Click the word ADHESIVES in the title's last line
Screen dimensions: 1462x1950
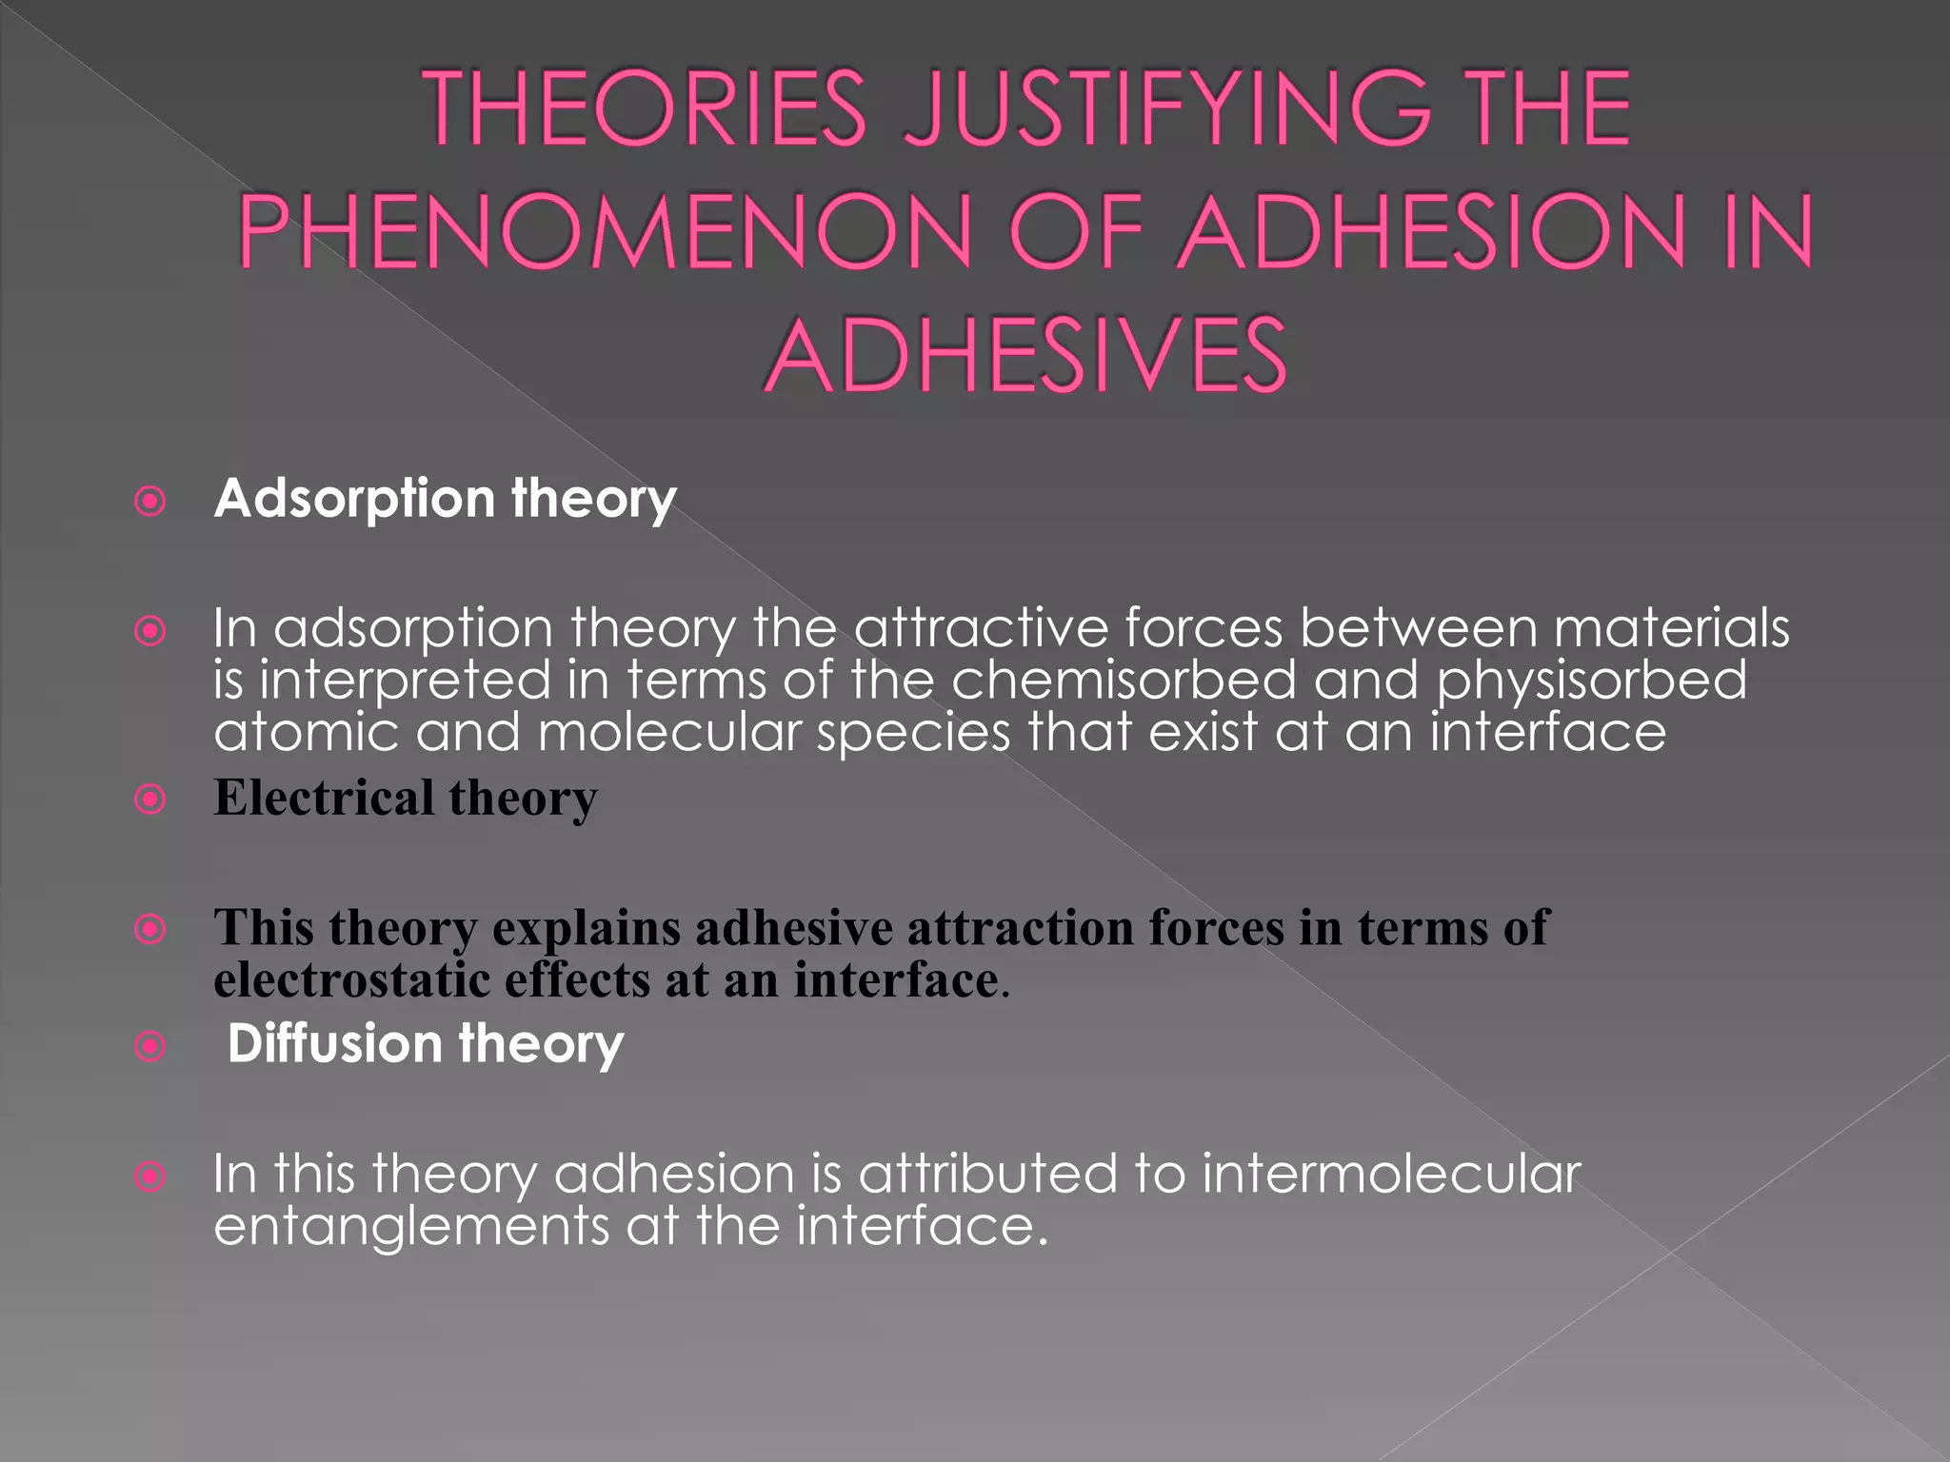pos(1025,355)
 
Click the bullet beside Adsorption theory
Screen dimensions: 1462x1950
pos(150,501)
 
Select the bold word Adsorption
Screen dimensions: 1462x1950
pos(354,499)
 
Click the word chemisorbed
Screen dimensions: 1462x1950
pos(1124,680)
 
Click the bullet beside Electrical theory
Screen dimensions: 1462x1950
pos(150,799)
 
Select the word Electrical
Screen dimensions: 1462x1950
pos(324,797)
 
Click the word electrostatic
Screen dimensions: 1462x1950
pos(351,979)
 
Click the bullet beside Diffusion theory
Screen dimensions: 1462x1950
pos(150,1047)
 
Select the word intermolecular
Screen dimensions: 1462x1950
pos(1391,1173)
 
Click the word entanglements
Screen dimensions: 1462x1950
pos(411,1225)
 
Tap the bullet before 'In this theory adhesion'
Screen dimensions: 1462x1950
pos(150,1176)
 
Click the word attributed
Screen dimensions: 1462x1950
pos(988,1173)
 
